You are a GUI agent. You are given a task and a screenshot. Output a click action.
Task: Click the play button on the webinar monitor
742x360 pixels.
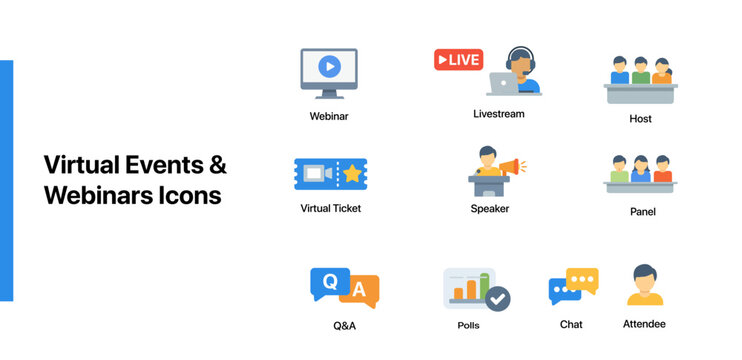point(329,67)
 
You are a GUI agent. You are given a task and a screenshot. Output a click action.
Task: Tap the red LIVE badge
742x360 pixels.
point(458,60)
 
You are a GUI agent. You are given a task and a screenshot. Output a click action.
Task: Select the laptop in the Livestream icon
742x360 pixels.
point(504,83)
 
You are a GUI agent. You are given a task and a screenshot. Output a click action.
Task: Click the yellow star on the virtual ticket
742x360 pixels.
point(352,174)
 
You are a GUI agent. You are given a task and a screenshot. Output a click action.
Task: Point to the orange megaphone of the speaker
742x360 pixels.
point(510,166)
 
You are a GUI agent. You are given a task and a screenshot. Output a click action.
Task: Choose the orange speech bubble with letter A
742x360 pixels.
point(361,291)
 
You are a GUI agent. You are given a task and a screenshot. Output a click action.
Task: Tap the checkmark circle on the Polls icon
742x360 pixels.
point(496,297)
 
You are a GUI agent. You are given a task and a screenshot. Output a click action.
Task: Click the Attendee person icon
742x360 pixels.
point(645,286)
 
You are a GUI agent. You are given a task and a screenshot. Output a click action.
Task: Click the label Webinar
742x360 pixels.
point(329,116)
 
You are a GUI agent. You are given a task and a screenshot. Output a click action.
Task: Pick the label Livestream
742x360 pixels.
point(498,114)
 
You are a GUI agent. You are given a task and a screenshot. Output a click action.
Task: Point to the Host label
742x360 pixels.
point(641,119)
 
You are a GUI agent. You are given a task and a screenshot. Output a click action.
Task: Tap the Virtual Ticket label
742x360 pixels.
point(331,208)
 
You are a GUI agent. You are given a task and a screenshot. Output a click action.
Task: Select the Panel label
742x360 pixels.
point(641,212)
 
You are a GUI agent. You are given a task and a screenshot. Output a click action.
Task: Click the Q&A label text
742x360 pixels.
point(344,326)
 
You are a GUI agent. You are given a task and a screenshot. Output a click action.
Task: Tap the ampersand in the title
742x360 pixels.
point(217,164)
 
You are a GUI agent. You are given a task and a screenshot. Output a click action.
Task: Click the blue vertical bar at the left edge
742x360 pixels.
point(6,180)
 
